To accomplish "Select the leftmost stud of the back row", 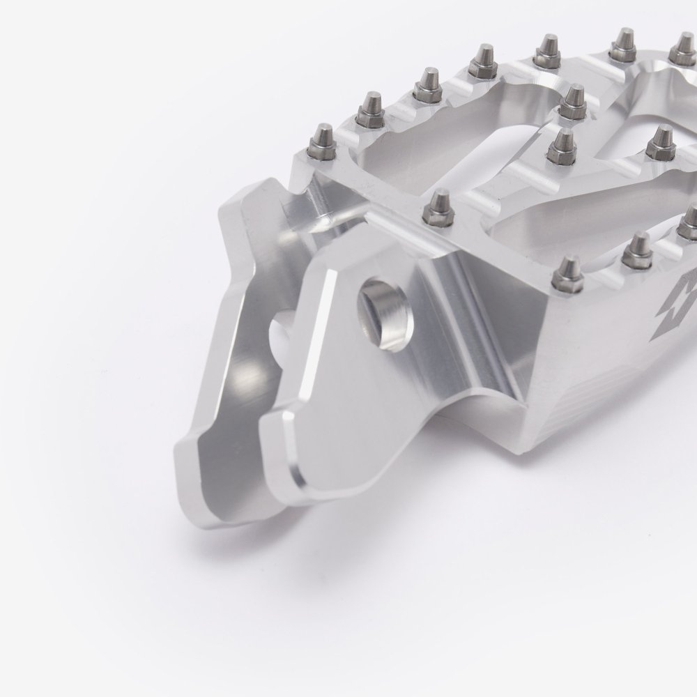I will pos(325,140).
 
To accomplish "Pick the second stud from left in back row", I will pos(368,107).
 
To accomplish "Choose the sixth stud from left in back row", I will pos(622,43).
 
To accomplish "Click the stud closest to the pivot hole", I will pos(437,205).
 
